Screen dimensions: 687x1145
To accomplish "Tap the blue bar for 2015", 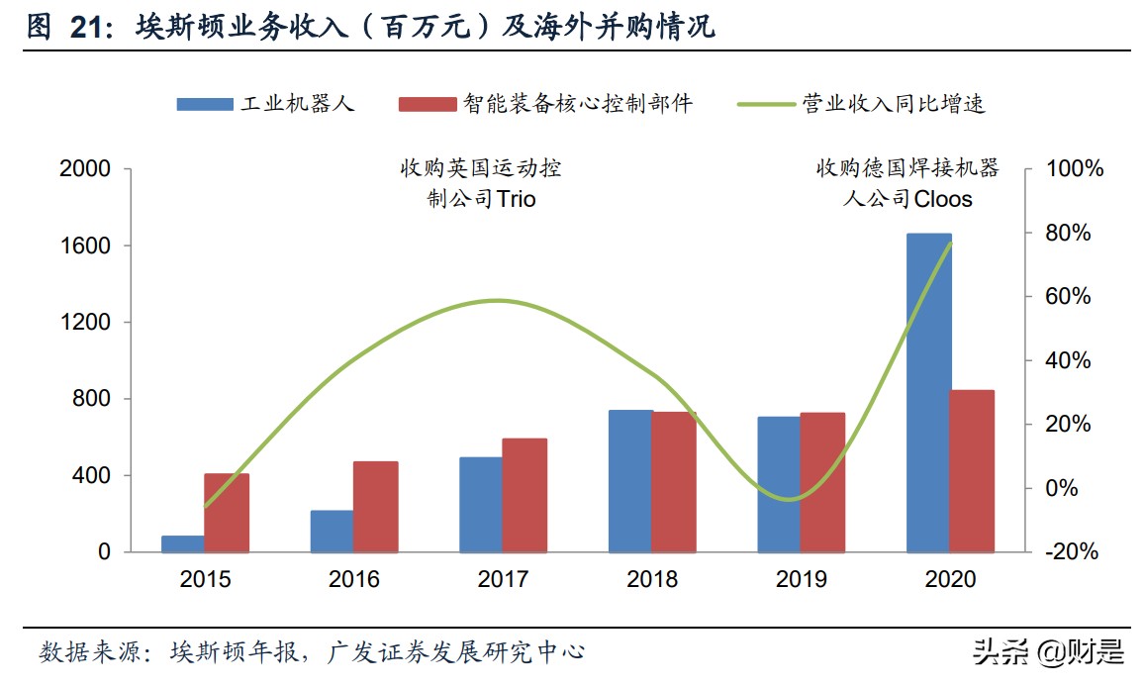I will (182, 543).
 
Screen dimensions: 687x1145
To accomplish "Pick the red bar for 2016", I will (375, 506).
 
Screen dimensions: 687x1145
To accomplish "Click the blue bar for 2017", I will (481, 504).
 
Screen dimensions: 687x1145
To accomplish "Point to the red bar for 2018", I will (674, 481).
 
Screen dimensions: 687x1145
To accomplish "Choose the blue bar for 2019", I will (779, 484).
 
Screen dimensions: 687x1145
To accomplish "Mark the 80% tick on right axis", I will (1070, 234).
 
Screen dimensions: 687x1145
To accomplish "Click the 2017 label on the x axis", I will (503, 579).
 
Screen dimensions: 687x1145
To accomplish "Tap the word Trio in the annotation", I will (516, 199).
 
